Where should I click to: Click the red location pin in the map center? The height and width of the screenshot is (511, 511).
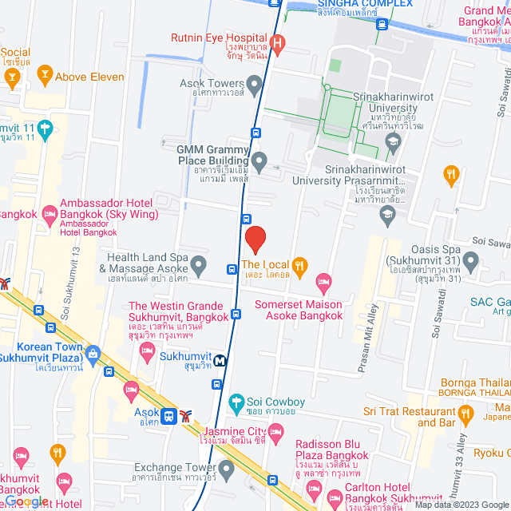(255, 239)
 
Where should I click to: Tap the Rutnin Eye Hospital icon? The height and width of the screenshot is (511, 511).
(277, 43)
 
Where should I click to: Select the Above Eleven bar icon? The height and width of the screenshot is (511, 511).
(45, 77)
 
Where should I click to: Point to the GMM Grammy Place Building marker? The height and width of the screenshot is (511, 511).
(259, 158)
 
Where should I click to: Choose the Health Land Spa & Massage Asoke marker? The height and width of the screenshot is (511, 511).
(199, 263)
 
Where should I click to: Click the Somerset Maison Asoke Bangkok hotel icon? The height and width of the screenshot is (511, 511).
(323, 281)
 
